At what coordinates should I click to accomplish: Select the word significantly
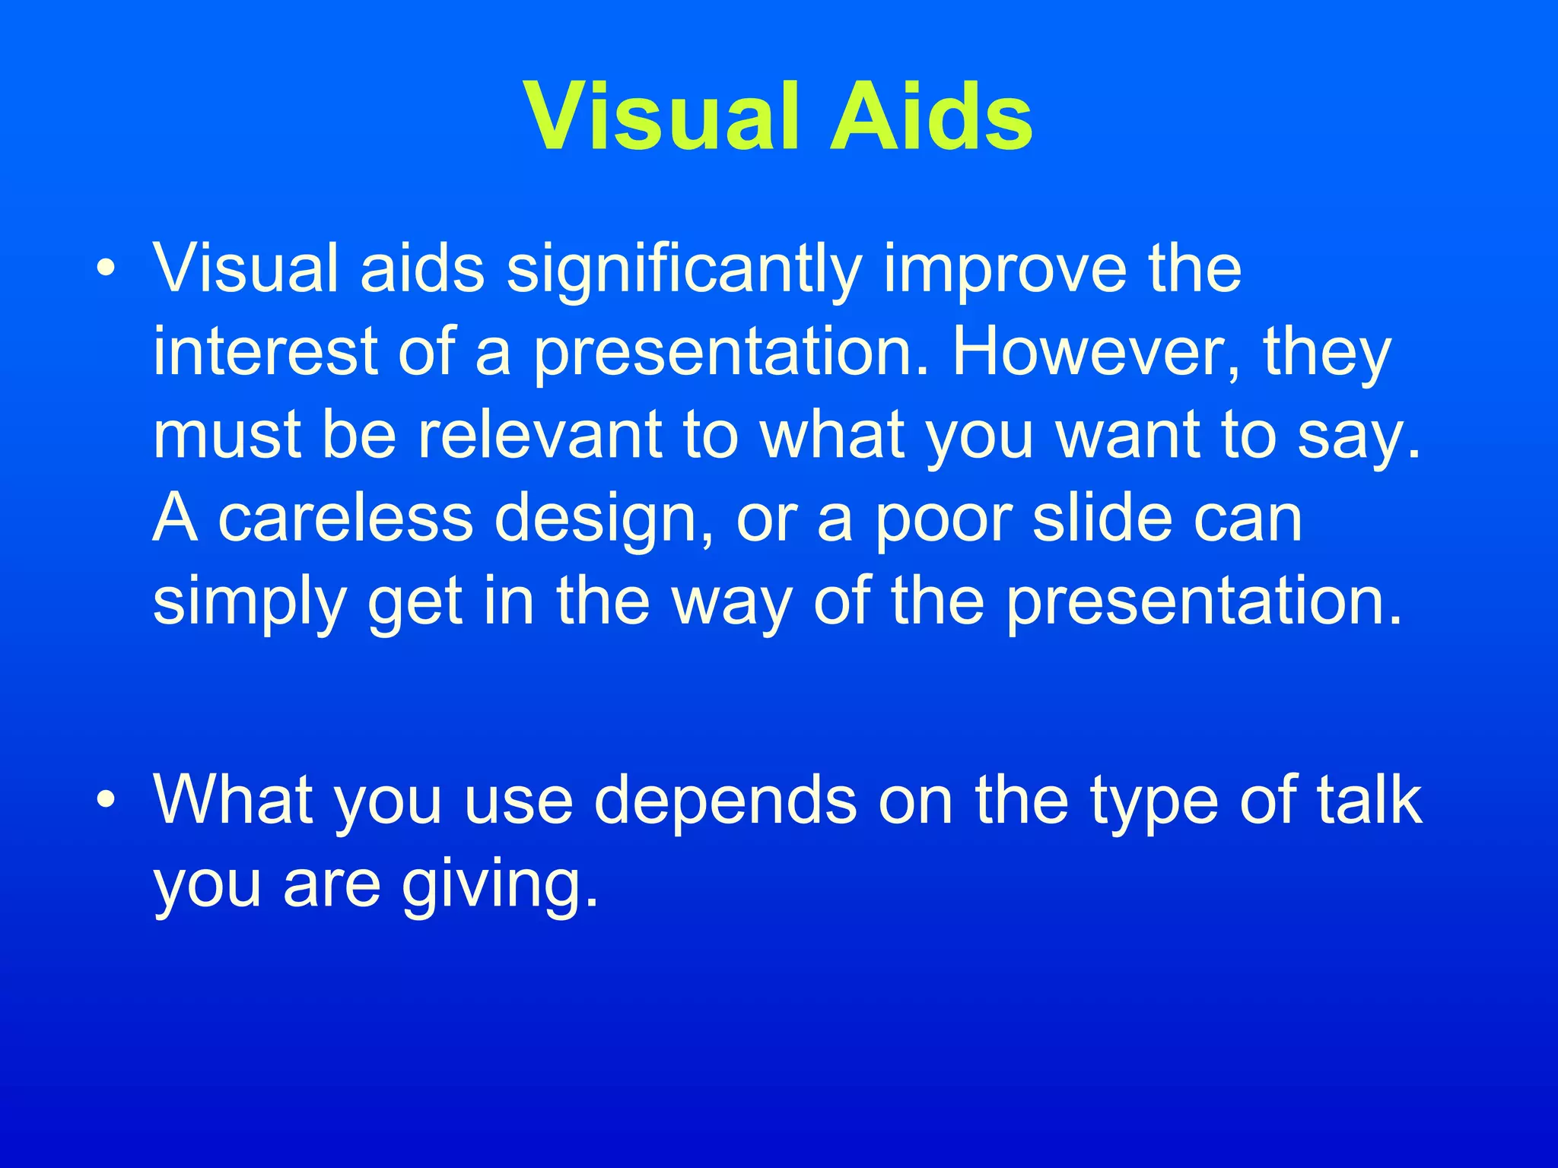click(685, 270)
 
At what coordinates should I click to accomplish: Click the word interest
click(266, 352)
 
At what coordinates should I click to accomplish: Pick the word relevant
click(540, 435)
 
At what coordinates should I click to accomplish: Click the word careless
click(346, 519)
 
